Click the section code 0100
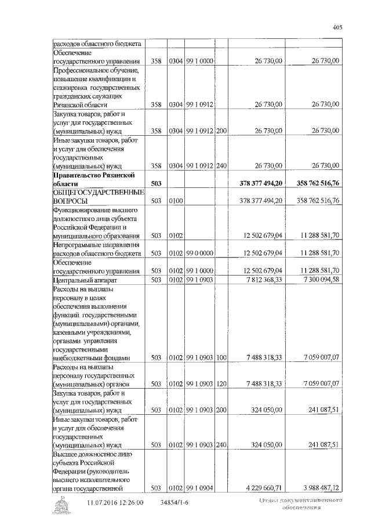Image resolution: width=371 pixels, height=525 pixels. [176, 201]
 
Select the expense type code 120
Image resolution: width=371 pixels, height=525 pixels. [221, 384]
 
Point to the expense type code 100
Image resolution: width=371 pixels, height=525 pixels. [221, 357]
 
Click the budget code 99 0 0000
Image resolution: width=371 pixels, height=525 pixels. [200, 254]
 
